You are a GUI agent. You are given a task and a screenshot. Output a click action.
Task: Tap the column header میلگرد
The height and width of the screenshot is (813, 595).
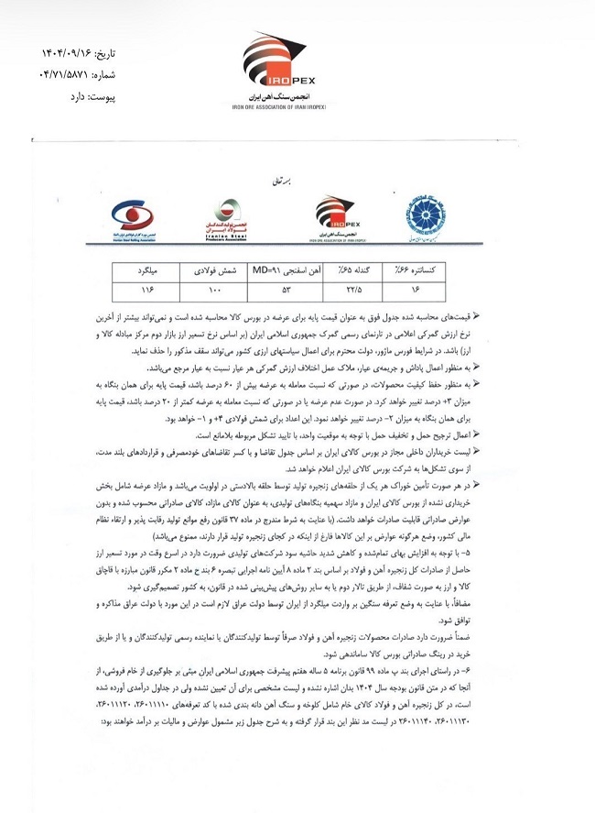(x=140, y=272)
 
